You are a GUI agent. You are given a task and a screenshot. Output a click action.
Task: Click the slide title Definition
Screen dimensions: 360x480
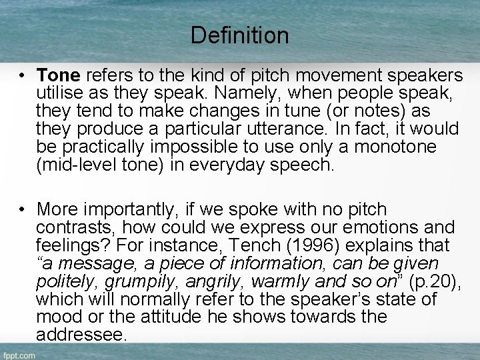point(239,35)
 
